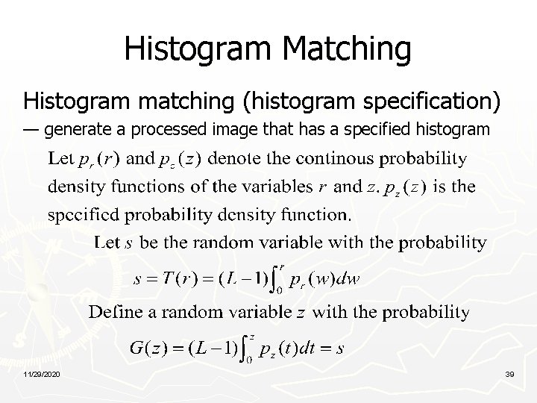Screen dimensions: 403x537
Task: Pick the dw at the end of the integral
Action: pos(348,280)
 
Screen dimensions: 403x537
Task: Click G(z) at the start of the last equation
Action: pos(150,348)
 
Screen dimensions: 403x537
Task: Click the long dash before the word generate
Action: pos(31,131)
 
